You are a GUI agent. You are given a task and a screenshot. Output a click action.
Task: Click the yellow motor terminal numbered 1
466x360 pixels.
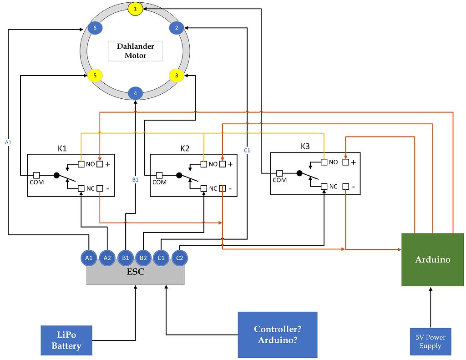pyautogui.click(x=135, y=9)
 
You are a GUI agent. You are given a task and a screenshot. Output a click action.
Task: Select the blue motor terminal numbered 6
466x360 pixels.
pyautogui.click(x=95, y=28)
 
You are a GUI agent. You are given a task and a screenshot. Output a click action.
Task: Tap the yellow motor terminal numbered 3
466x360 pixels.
pyautogui.click(x=176, y=76)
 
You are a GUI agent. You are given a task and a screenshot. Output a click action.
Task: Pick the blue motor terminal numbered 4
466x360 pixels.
pyautogui.click(x=135, y=94)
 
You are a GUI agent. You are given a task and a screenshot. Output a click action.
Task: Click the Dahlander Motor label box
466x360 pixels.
pyautogui.click(x=135, y=51)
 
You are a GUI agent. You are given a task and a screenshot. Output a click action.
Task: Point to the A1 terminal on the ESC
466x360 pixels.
pyautogui.click(x=89, y=258)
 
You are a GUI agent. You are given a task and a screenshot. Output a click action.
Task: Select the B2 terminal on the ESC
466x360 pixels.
pyautogui.click(x=143, y=258)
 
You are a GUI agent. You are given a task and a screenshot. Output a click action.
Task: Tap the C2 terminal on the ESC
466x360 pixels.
pyautogui.click(x=179, y=258)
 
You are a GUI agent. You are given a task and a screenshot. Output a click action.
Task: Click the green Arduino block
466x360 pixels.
pyautogui.click(x=432, y=259)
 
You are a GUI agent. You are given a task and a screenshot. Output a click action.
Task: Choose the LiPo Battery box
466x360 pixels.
pyautogui.click(x=66, y=340)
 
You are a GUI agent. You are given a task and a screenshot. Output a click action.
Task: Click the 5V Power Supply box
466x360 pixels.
pyautogui.click(x=430, y=342)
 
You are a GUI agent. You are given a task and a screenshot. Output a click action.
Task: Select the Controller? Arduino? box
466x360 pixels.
pyautogui.click(x=277, y=335)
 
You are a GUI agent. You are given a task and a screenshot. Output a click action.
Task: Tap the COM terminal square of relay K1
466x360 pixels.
pyautogui.click(x=36, y=175)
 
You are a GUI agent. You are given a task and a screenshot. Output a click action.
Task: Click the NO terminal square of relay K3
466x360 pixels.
pyautogui.click(x=324, y=162)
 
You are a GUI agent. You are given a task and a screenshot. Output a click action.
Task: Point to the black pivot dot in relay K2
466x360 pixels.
pyautogui.click(x=179, y=175)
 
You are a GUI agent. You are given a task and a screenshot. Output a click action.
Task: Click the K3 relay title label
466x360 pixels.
pyautogui.click(x=305, y=146)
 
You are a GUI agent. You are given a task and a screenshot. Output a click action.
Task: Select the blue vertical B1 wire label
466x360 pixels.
pyautogui.click(x=135, y=180)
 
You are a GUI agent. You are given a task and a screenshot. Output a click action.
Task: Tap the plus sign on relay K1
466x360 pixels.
pyautogui.click(x=108, y=164)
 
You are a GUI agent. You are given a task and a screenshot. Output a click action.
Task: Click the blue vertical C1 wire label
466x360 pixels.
pyautogui.click(x=247, y=150)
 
